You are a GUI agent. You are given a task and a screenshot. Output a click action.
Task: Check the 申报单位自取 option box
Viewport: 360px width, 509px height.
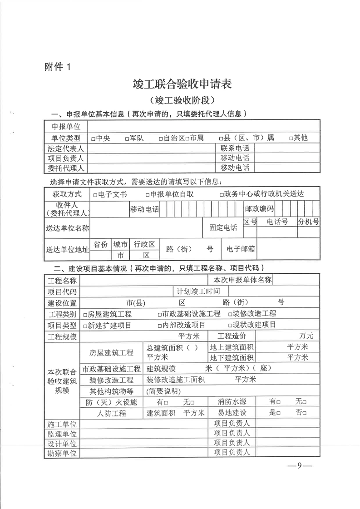pos(148,195)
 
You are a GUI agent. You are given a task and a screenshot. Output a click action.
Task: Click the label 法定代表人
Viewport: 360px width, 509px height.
pos(66,148)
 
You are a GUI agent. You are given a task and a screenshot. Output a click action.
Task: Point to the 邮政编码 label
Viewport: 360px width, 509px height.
pos(259,209)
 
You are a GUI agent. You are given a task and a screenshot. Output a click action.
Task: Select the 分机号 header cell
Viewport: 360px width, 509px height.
pos(308,222)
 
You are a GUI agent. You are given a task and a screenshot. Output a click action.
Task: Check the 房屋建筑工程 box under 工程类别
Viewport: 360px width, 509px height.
pos(85,314)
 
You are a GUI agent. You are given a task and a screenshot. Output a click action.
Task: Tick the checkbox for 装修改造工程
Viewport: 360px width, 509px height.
pos(230,314)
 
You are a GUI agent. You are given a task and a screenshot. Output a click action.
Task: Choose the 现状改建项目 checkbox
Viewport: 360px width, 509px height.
pos(230,326)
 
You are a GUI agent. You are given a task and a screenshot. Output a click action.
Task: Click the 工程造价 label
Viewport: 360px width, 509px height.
pos(232,336)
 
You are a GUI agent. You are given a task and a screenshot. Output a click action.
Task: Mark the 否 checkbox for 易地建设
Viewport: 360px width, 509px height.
pos(305,413)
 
